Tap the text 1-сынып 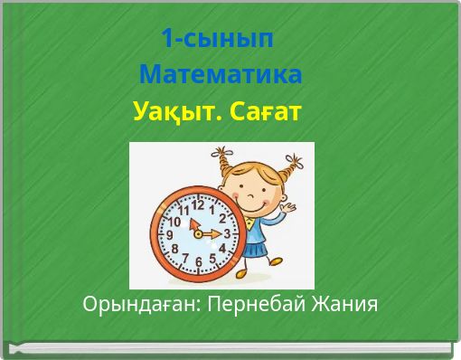[217, 39]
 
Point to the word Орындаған [139, 303]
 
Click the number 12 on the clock [197, 204]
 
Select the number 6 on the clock [198, 262]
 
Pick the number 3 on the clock [227, 233]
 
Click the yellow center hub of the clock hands [199, 233]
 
